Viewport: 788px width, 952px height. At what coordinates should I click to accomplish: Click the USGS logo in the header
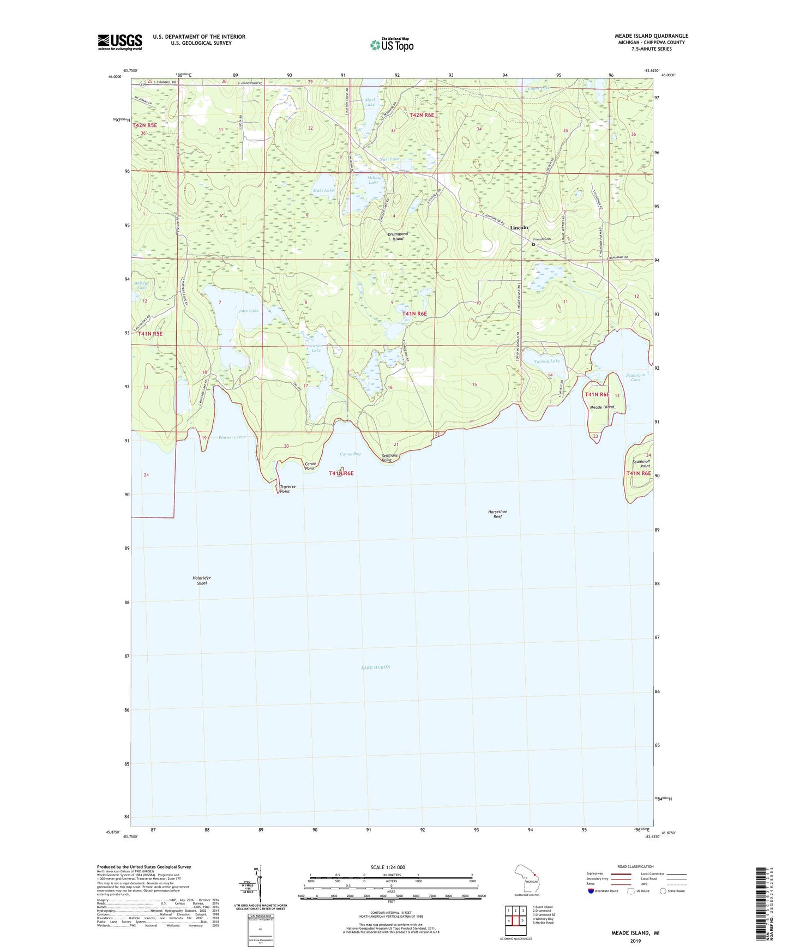coord(119,42)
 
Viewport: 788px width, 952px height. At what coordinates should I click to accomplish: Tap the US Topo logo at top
coord(392,45)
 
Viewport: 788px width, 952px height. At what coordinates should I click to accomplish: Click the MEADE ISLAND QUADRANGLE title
coord(651,36)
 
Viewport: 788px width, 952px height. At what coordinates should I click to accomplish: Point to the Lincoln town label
coord(519,227)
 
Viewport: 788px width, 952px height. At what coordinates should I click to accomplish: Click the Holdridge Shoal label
coord(201,581)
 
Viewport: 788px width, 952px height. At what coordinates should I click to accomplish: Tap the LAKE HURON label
coord(376,667)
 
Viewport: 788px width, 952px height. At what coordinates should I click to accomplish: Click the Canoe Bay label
coord(350,454)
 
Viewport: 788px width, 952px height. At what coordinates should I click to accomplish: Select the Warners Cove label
coord(232,437)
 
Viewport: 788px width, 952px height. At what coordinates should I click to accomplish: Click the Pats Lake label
coord(249,311)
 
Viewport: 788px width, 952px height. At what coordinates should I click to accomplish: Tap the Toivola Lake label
coord(547,361)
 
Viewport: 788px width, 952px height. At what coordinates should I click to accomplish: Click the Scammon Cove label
coord(636,377)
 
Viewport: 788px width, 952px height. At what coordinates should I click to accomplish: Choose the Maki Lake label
coord(323,190)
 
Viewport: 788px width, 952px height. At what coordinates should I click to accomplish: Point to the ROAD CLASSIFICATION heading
coord(635,866)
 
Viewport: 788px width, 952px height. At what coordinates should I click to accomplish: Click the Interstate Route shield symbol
coord(591,891)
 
